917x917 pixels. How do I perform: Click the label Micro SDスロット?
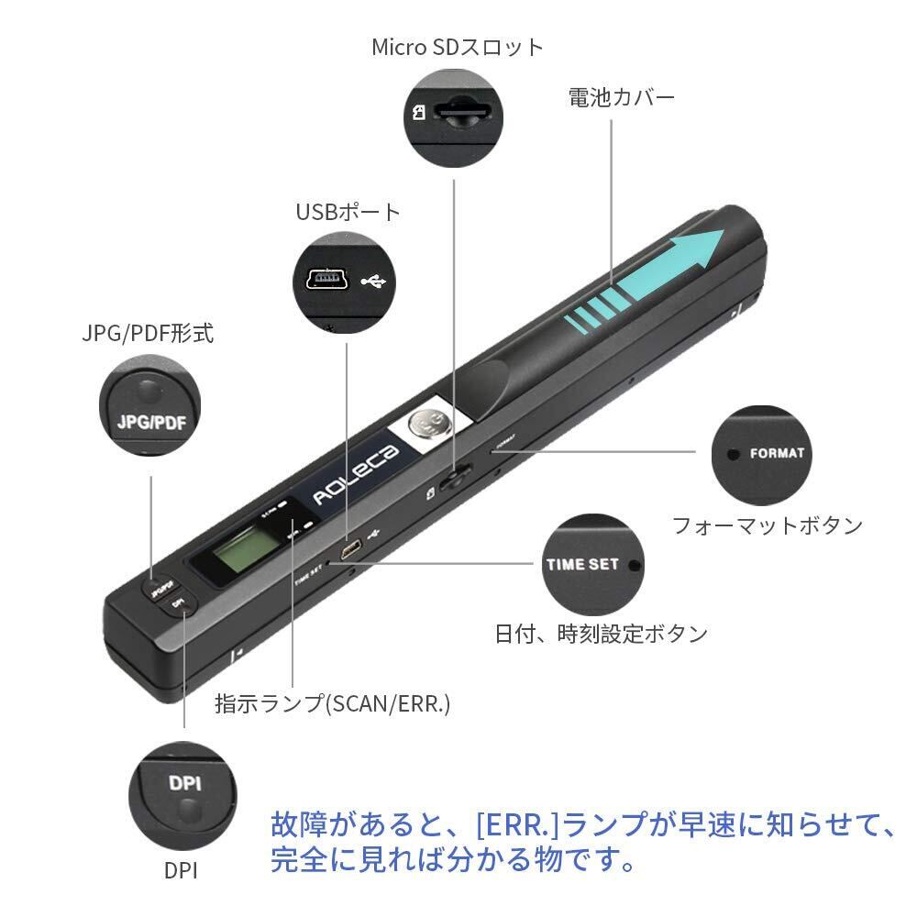457,47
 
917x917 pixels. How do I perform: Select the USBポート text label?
348,213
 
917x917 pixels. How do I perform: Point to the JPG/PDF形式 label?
147,333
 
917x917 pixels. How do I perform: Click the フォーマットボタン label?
767,525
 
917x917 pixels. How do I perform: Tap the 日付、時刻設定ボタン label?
601,634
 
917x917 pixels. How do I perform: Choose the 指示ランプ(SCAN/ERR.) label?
332,703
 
